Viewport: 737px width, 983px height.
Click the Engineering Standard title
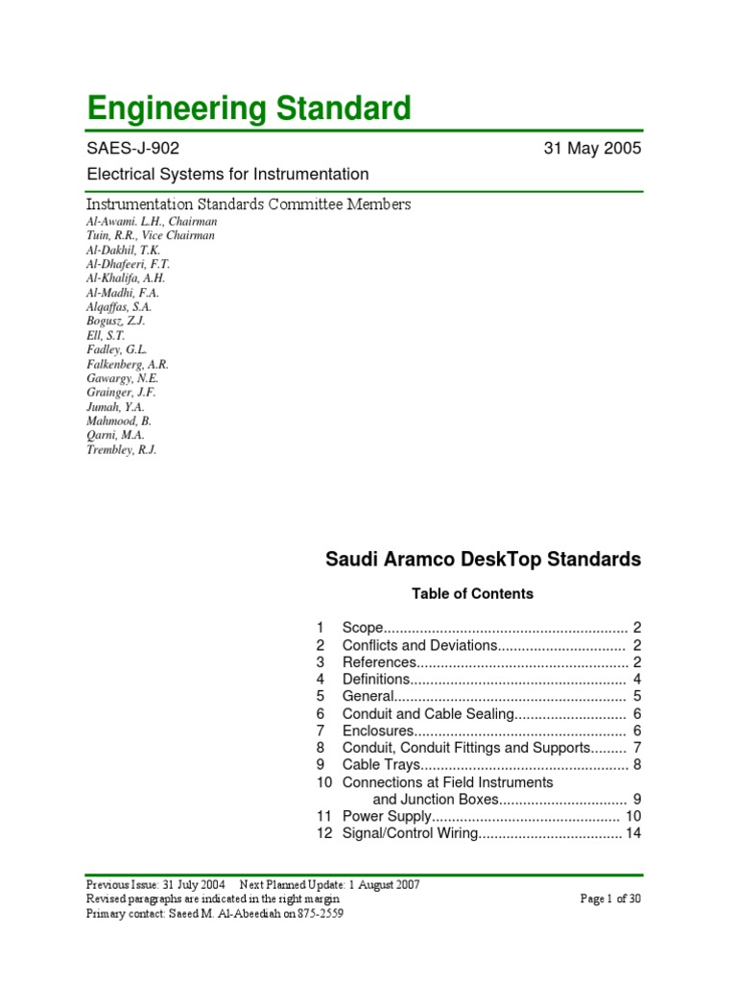249,108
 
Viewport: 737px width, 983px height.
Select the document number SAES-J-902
132,149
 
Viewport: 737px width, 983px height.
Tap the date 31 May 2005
591,149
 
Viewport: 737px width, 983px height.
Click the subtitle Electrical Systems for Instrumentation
227,175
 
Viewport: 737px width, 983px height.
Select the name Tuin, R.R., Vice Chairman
151,235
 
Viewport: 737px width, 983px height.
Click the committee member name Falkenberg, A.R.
128,364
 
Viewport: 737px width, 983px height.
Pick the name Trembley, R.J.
121,449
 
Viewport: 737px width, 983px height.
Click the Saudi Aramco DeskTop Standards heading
483,560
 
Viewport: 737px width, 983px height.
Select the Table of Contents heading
472,594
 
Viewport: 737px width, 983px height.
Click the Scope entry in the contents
363,628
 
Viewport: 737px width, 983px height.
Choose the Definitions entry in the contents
377,680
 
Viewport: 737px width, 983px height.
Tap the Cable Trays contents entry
381,765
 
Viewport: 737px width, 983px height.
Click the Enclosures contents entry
377,731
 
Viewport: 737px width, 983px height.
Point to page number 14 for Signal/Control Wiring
632,833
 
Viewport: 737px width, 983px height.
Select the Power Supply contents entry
386,816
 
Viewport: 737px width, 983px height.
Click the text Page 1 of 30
610,899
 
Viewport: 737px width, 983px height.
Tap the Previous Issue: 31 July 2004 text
155,885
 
